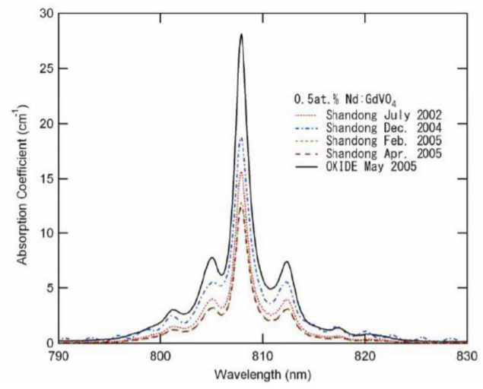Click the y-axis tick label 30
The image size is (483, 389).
pos(46,14)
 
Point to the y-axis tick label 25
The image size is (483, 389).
pos(46,68)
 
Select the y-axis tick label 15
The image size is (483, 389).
pos(46,179)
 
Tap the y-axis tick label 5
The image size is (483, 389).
pos(49,288)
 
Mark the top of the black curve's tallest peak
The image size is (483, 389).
pos(241,34)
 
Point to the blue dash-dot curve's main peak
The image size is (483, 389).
pos(241,138)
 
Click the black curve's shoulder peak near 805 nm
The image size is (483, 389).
pos(211,258)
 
